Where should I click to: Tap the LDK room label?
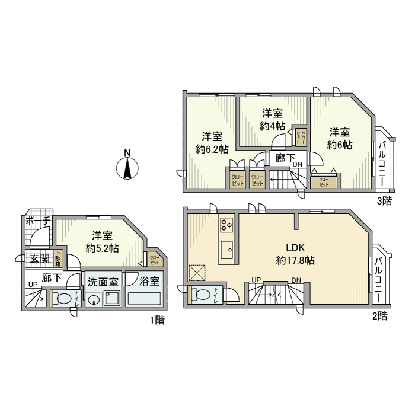tap(295, 248)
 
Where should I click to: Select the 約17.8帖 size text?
tap(295, 260)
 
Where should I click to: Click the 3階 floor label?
tap(385, 200)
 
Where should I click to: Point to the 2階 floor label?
tap(380, 316)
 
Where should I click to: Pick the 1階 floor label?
tap(157, 320)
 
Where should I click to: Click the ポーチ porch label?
tap(37, 220)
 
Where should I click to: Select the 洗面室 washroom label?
tap(103, 281)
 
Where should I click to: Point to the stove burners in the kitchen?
tap(228, 225)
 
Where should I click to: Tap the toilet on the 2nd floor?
tap(202, 294)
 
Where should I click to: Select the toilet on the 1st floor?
tap(63, 297)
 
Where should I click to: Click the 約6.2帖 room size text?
tap(212, 149)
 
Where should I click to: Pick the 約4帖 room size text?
tap(272, 126)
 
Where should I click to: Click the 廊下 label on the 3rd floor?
tap(282, 158)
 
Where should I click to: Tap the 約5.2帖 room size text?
tap(102, 248)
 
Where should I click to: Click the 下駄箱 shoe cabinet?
tap(58, 258)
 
